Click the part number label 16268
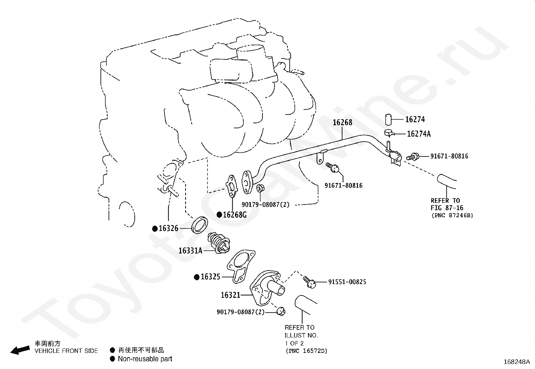point(342,122)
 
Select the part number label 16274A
point(418,134)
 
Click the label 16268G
point(235,215)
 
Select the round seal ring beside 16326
point(200,225)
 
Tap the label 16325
point(210,277)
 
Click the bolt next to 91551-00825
point(310,282)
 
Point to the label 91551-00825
point(347,282)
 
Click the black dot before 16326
point(155,229)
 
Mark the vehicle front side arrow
point(20,350)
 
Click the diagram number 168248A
point(517,362)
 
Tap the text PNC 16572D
point(306,351)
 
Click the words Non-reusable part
point(145,359)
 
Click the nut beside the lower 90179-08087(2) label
point(280,312)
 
